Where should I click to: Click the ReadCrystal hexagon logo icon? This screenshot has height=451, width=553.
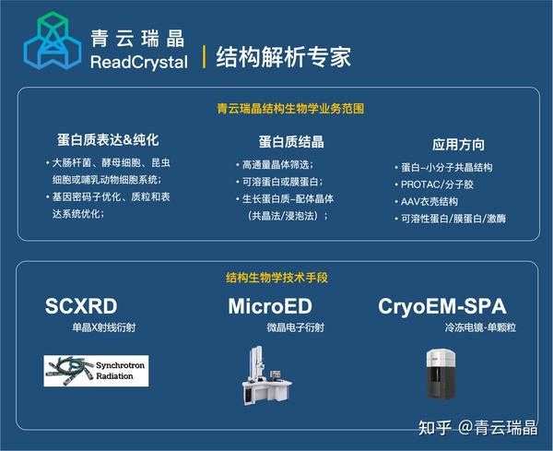pos(51,43)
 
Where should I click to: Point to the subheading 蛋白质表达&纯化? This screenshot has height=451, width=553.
pos(108,141)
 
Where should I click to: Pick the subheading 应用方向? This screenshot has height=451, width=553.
pos(458,145)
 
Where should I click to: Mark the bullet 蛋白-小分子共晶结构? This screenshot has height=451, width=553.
pos(446,167)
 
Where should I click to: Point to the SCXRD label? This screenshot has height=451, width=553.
pos(82,306)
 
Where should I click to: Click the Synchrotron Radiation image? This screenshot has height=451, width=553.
pos(96,370)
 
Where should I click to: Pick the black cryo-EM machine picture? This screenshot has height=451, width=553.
pos(441,373)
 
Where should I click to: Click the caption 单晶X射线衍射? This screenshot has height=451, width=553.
pos(103,327)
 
